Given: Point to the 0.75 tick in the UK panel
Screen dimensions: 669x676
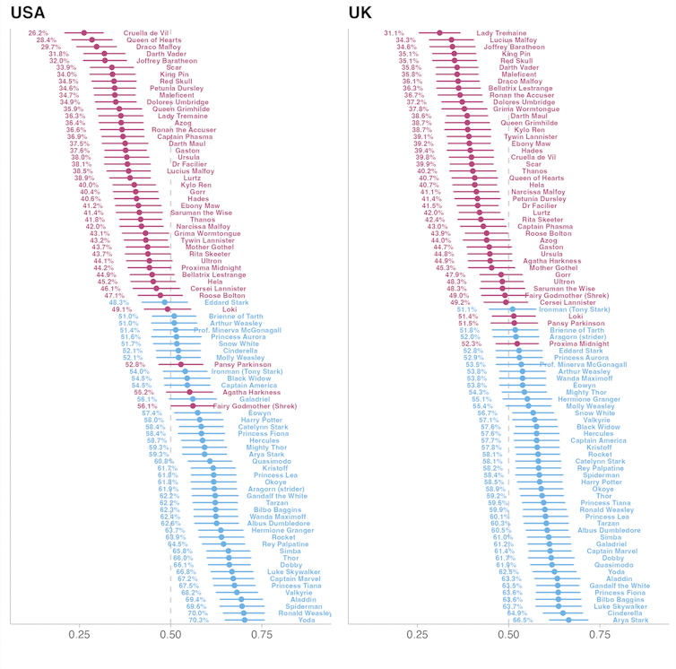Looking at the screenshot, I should click(602, 634).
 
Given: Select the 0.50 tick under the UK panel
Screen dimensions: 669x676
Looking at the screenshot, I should click(510, 634).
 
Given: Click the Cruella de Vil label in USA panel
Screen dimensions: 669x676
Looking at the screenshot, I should click(146, 33).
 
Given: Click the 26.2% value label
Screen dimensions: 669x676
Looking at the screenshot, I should click(39, 33).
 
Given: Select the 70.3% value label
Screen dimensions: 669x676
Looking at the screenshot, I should click(198, 620).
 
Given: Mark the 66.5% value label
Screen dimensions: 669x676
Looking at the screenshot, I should click(523, 620).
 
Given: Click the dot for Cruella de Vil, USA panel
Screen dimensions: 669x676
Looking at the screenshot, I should click(84, 33).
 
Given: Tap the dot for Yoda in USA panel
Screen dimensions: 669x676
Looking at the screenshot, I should click(245, 620).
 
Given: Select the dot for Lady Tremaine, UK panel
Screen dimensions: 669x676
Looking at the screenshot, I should click(439, 33).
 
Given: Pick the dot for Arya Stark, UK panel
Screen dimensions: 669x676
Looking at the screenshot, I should click(568, 620).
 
